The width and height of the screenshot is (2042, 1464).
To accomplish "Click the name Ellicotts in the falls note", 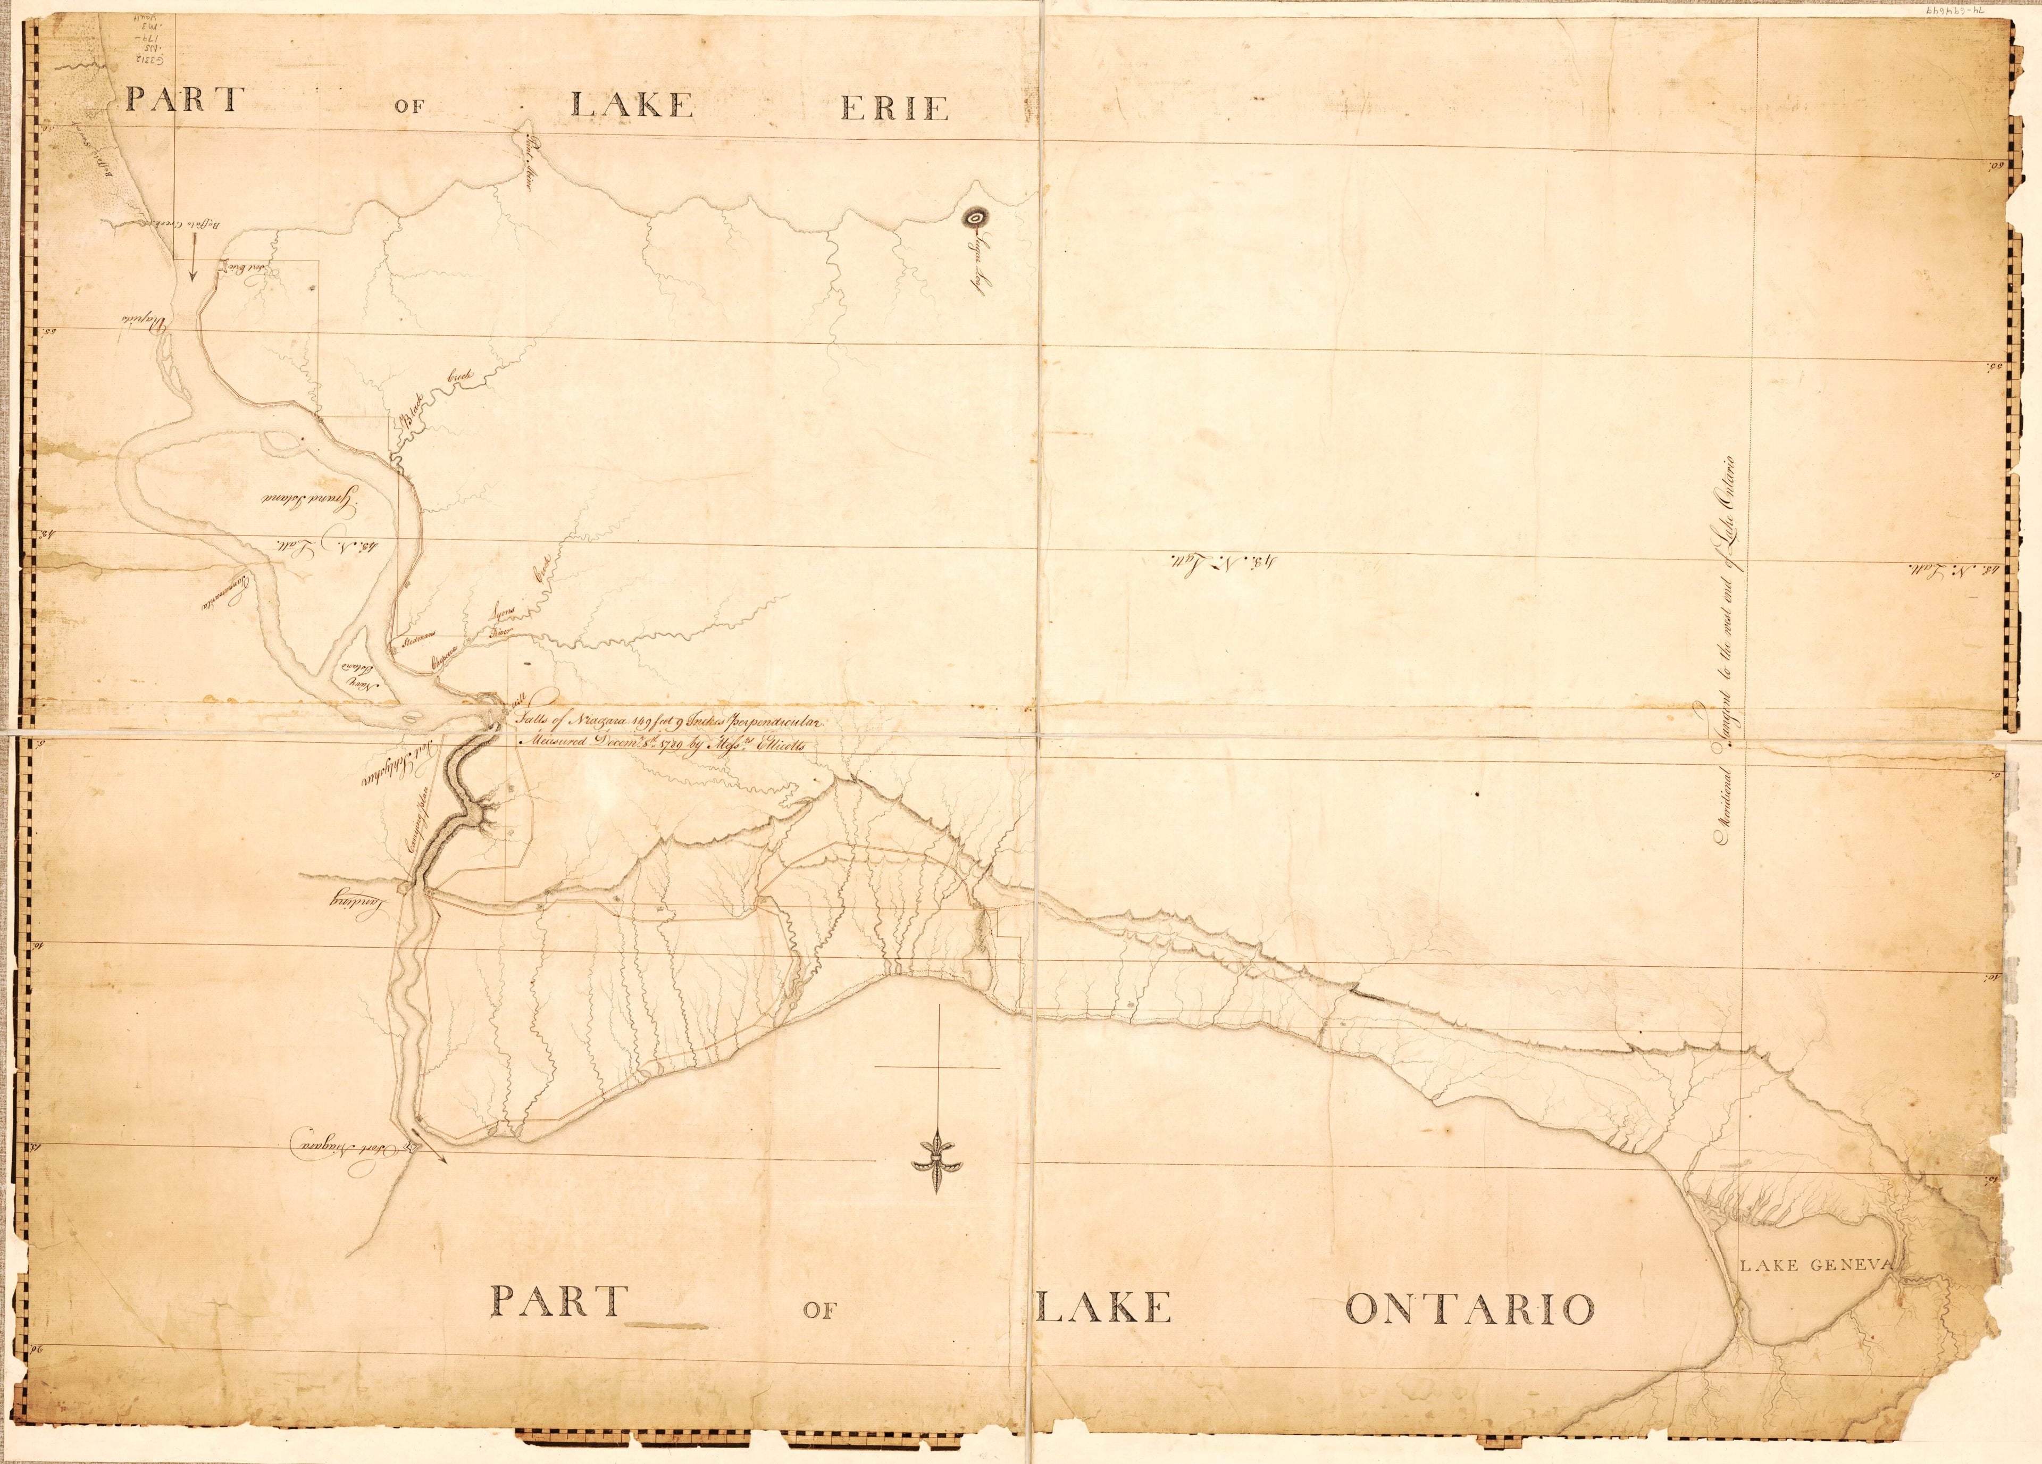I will point(785,744).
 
